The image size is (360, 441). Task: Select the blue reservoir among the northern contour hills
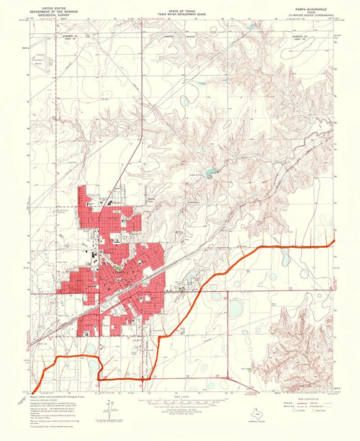209,173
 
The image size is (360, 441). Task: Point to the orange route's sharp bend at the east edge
333,244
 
